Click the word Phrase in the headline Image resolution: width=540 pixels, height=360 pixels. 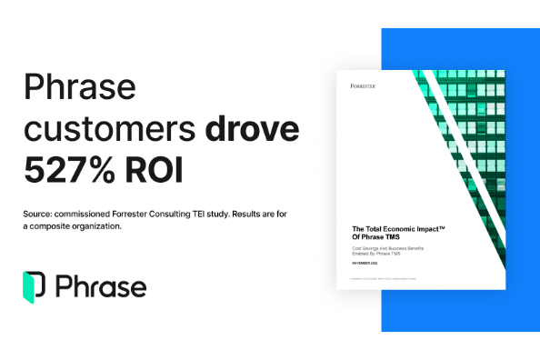[x=80, y=89]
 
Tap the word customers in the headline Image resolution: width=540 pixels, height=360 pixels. [x=108, y=130]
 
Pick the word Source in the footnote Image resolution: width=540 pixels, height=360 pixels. [x=42, y=214]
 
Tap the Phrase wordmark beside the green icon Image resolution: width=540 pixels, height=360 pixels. [x=101, y=286]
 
